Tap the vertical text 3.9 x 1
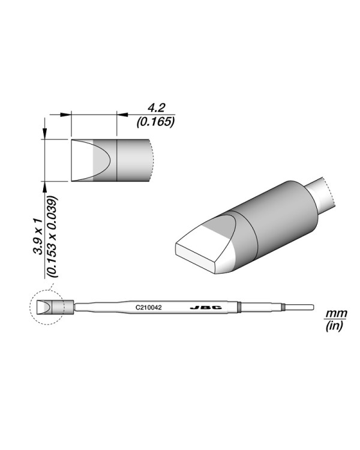37,235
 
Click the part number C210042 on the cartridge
149,307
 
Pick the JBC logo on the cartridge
206,307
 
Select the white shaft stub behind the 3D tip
322,195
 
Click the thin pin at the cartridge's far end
300,307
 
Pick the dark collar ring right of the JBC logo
238,307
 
